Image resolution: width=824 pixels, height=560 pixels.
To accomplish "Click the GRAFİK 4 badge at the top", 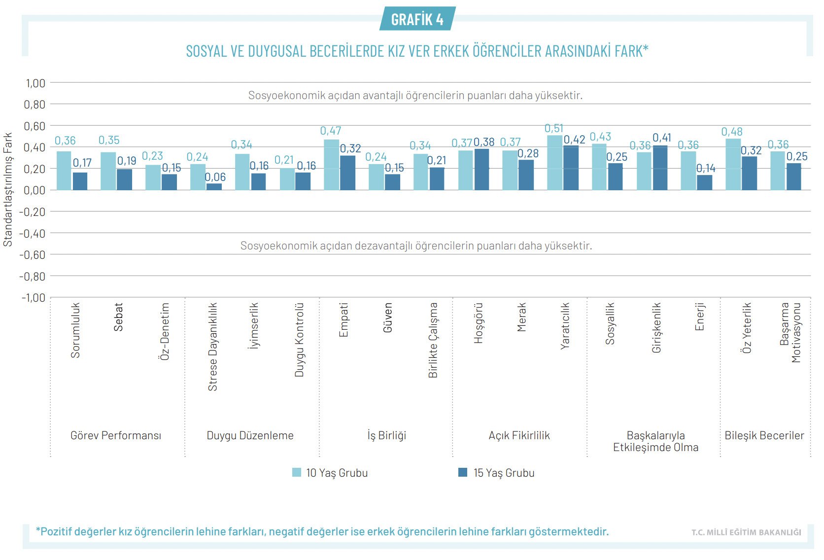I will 417,19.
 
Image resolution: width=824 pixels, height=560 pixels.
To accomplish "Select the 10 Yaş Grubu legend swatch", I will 297,472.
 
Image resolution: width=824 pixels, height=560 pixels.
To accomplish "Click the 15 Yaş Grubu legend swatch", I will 463,472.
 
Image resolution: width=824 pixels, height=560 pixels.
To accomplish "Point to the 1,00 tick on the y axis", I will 35,83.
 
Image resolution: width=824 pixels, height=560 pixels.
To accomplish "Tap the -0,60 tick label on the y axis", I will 33,255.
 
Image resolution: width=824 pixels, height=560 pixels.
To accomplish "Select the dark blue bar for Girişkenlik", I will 660,168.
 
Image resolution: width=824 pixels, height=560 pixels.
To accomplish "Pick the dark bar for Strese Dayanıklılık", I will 214,187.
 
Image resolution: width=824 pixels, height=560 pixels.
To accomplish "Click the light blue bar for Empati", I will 331,165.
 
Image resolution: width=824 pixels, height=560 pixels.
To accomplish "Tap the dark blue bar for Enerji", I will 705,182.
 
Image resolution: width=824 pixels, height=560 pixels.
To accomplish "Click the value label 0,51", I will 554,129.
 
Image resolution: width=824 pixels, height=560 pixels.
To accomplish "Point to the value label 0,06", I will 215,177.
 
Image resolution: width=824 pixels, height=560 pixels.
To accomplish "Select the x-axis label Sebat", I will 118,317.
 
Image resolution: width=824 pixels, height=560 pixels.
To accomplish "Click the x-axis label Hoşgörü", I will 478,323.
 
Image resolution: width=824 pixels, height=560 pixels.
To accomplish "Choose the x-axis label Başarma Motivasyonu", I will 790,332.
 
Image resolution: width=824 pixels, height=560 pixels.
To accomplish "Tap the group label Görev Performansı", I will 116,435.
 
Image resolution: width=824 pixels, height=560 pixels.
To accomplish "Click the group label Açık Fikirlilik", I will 519,435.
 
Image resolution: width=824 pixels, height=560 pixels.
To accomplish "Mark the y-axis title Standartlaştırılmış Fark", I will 8,189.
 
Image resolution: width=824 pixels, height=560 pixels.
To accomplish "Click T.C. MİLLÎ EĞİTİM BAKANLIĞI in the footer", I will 746,532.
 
